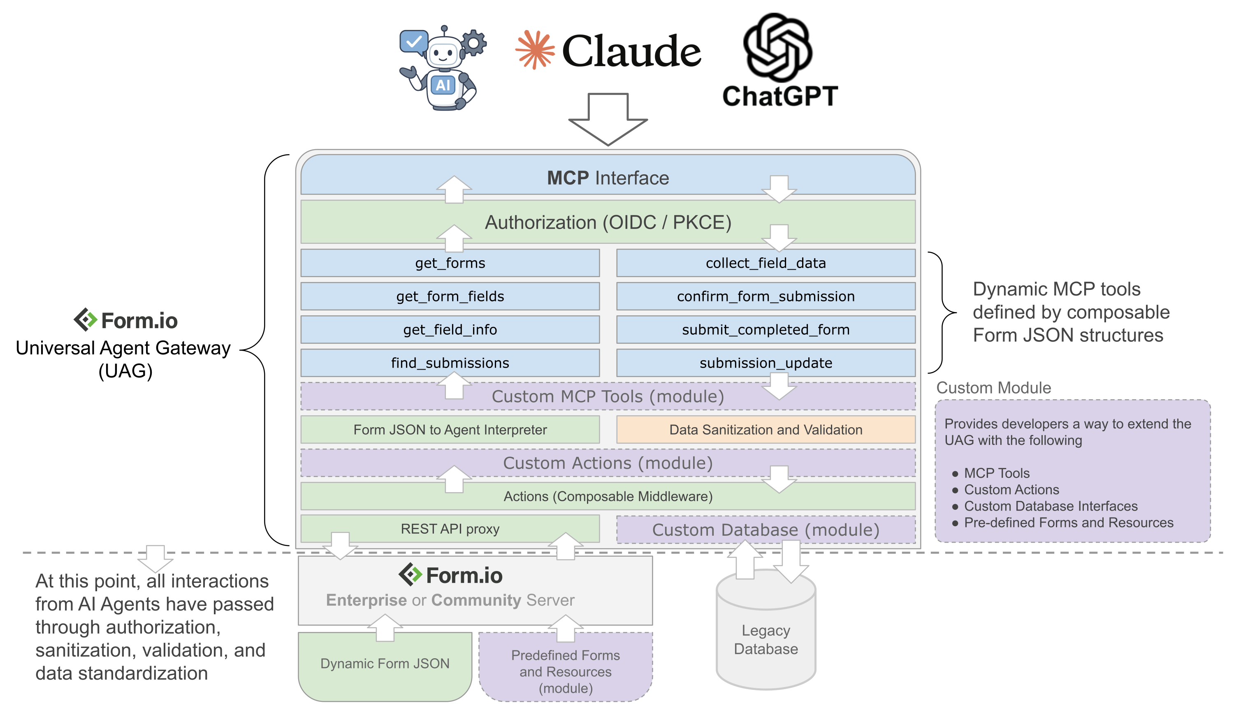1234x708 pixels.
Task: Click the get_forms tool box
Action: coord(450,263)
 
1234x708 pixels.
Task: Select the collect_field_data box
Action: coord(765,263)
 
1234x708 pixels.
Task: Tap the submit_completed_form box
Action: coord(765,330)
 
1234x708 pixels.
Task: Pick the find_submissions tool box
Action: coord(450,363)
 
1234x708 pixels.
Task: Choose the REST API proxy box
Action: coord(450,529)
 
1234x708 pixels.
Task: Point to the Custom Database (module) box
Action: coord(765,530)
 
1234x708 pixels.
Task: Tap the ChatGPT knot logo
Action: coord(778,47)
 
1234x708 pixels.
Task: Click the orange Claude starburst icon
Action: coord(535,50)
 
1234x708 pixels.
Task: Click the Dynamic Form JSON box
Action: coord(385,664)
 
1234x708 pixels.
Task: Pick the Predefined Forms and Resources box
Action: coord(565,671)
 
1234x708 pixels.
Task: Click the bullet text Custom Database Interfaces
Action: coord(1051,506)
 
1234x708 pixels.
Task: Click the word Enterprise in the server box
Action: coord(366,600)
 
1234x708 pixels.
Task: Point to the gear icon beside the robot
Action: coord(473,42)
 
